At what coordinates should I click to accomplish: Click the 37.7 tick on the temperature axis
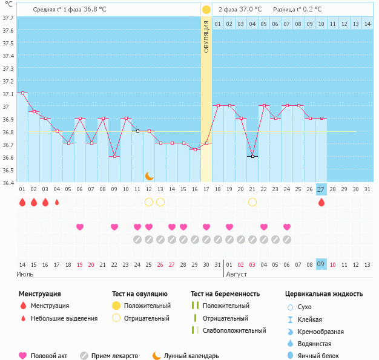(x=8, y=18)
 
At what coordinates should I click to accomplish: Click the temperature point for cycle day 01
(x=22, y=93)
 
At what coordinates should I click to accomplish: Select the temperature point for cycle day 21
(x=252, y=156)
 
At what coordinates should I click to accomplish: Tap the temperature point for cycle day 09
(x=114, y=156)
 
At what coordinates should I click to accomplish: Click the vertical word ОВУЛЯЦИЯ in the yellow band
(x=206, y=37)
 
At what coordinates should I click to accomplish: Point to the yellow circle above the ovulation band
(x=206, y=10)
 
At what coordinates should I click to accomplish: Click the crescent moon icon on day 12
(x=149, y=176)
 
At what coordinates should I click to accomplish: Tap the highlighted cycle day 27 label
(x=321, y=189)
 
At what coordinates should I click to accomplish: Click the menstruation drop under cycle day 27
(x=321, y=202)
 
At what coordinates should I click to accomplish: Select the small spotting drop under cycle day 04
(x=57, y=202)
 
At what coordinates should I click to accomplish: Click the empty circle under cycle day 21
(x=252, y=202)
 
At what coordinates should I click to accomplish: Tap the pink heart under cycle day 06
(x=80, y=227)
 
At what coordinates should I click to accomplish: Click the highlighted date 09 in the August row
(x=321, y=264)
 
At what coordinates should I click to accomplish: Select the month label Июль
(x=25, y=274)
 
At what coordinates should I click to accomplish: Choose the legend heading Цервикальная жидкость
(x=324, y=294)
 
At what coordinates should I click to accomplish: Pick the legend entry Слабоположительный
(x=234, y=330)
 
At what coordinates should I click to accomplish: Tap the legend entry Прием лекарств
(x=114, y=356)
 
